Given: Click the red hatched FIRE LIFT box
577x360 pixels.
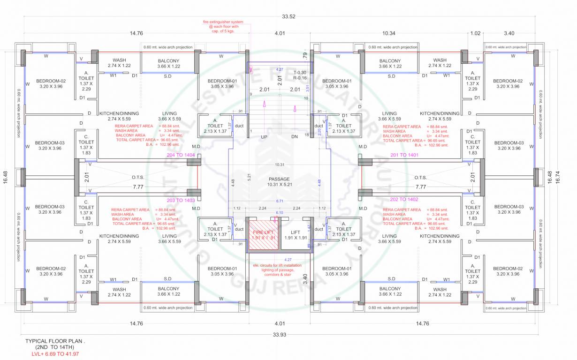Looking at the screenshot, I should coord(263,235).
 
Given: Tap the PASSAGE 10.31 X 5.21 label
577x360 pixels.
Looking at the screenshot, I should coord(279,182).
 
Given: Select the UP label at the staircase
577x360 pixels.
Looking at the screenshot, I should coord(264,137).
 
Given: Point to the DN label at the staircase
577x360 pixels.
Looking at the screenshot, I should coord(295,137).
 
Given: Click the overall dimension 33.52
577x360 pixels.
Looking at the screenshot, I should coord(288,17).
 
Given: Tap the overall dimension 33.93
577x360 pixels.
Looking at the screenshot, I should coord(279,334).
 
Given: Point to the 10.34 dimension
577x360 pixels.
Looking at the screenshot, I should coord(389,33).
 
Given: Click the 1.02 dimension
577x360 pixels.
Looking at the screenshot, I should coord(475,33).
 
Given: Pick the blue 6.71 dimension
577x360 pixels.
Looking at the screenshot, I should coord(279,201).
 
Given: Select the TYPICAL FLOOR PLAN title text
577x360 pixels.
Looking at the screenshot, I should coord(48,342).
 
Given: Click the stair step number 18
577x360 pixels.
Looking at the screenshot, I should coord(307,135).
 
